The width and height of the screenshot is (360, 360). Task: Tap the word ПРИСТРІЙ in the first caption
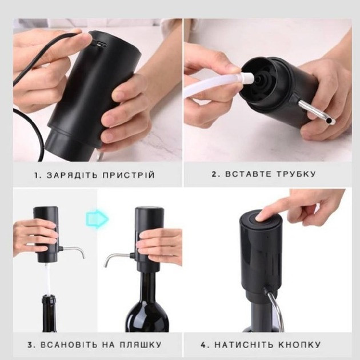(x=129, y=175)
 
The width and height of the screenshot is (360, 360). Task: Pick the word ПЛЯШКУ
(x=140, y=345)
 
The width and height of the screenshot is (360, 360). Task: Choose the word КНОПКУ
(x=299, y=345)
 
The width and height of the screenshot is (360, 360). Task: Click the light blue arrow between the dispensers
(x=97, y=219)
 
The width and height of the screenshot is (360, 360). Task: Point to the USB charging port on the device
(x=101, y=45)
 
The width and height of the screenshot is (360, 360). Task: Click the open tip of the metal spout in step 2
(x=329, y=121)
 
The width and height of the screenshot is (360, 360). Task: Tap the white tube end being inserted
(x=249, y=78)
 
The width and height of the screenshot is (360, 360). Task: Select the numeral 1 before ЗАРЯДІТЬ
(x=37, y=175)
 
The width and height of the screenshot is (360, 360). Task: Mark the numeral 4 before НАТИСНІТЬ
(x=203, y=345)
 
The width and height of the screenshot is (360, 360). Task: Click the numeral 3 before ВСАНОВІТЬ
(x=31, y=345)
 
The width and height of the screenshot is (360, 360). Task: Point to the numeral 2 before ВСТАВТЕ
(x=214, y=174)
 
